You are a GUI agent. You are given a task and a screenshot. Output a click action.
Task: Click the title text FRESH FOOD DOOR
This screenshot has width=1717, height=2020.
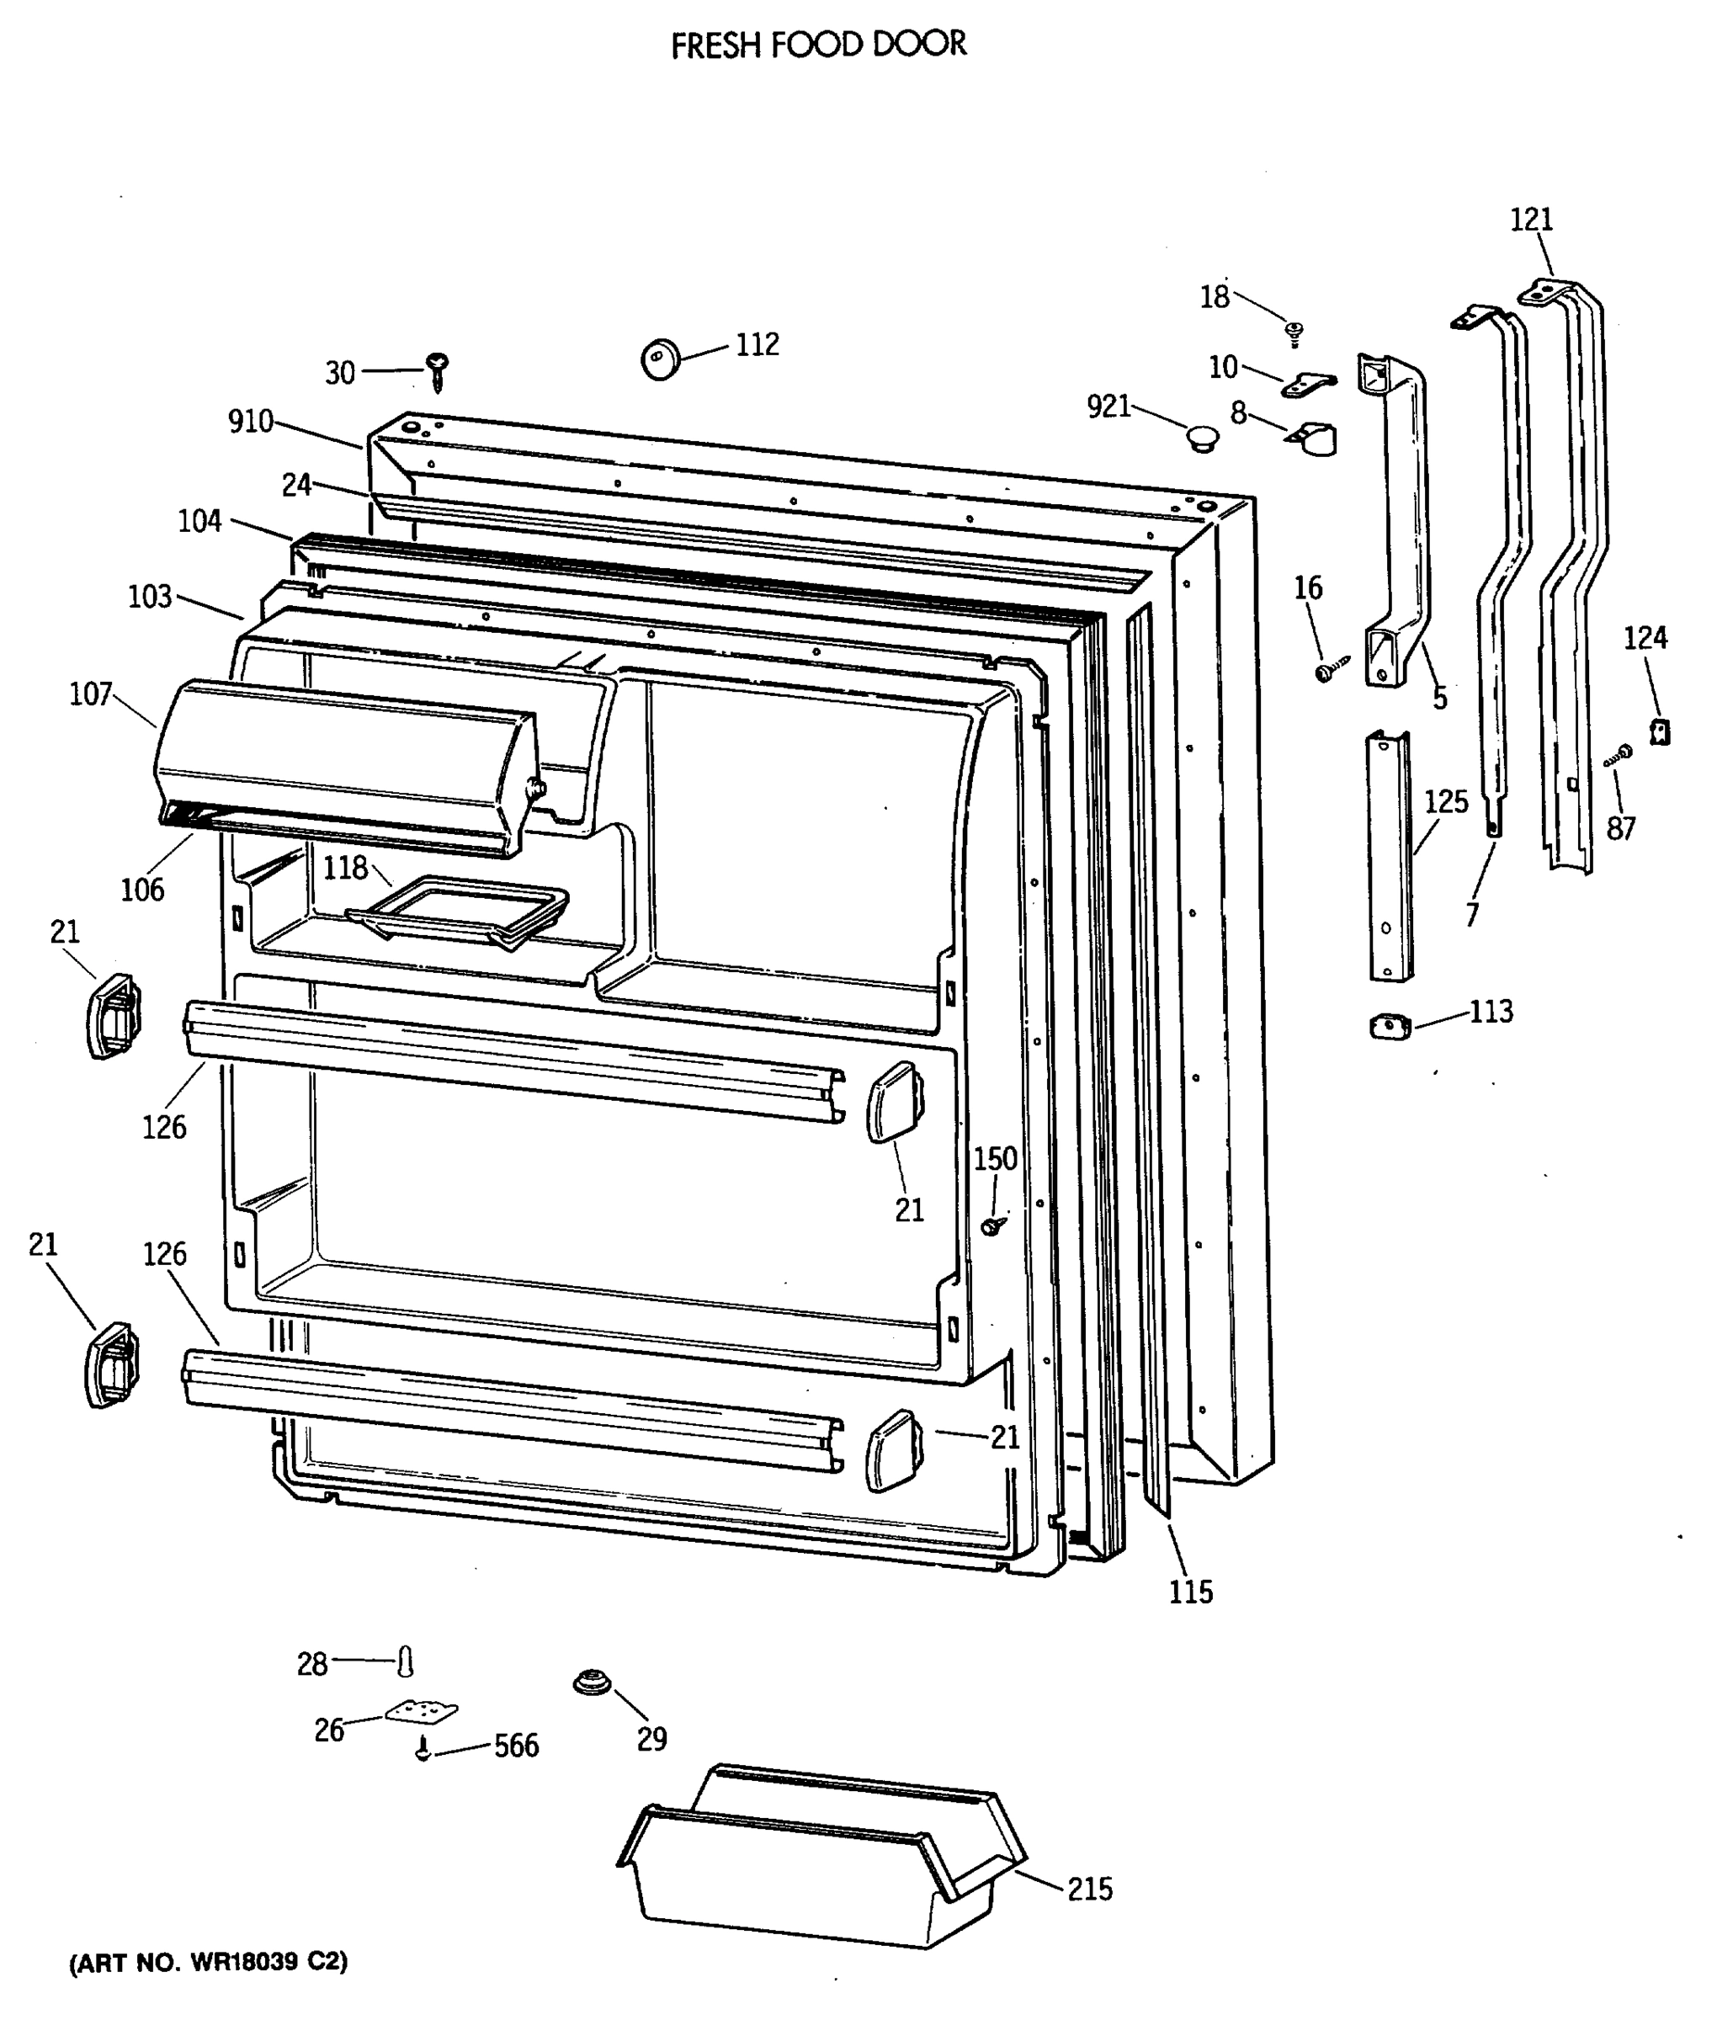819,45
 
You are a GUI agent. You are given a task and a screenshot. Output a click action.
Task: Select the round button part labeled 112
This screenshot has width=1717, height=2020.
661,359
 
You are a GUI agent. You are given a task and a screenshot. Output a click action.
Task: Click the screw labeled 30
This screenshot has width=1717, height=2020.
438,372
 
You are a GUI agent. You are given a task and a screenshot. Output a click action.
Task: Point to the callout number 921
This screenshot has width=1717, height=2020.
1108,406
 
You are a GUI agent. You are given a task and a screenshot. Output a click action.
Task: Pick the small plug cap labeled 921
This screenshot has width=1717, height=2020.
1203,437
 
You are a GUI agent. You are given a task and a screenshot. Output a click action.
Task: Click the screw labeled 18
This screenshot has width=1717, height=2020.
1294,334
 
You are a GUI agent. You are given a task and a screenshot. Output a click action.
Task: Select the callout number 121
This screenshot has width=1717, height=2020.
1531,220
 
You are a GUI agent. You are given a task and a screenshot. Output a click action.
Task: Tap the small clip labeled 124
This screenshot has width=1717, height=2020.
1660,730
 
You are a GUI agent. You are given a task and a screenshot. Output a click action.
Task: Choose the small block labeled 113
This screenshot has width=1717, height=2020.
1390,1026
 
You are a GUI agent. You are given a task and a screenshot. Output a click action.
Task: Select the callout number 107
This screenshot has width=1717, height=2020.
91,694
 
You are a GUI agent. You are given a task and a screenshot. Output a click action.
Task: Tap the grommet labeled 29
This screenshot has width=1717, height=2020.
591,1681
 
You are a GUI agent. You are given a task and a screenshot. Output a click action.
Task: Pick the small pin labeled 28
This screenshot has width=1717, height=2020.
406,1661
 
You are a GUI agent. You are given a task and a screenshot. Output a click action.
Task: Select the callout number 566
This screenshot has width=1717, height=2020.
516,1746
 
